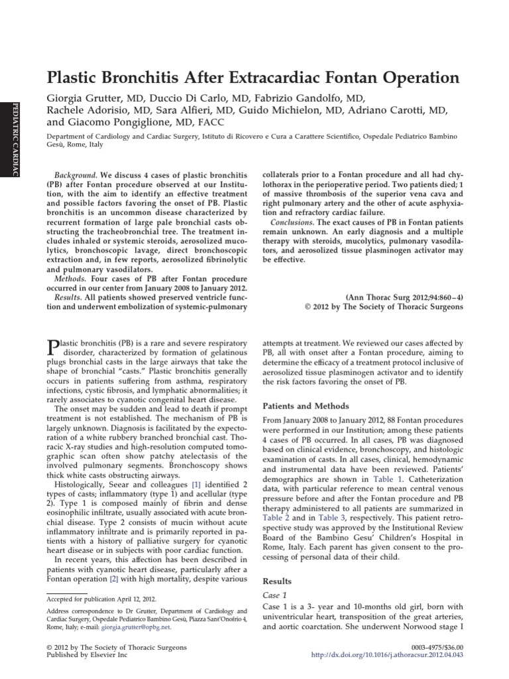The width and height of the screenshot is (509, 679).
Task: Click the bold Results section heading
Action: point(278,582)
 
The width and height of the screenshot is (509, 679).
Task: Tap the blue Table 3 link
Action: point(332,517)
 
